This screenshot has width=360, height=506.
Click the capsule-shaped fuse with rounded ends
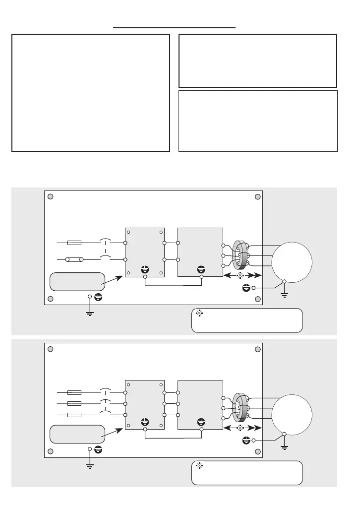tap(74, 259)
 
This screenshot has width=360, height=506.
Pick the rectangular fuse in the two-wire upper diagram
tap(74, 243)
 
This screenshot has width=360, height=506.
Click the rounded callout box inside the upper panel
tap(77, 281)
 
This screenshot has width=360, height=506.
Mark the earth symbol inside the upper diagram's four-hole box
tap(145, 270)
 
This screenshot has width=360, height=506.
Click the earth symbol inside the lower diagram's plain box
tap(201, 422)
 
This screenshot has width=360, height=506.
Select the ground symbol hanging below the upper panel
tap(90, 313)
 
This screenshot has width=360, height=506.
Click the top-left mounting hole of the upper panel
tap(50, 196)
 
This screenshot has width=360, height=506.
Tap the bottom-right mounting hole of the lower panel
tap(257, 450)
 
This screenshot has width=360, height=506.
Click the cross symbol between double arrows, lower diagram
tap(240, 427)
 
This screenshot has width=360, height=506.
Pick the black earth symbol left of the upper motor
tap(245, 288)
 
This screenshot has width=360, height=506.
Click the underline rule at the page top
tap(174, 28)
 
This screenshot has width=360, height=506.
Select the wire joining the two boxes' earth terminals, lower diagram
tap(173, 438)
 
